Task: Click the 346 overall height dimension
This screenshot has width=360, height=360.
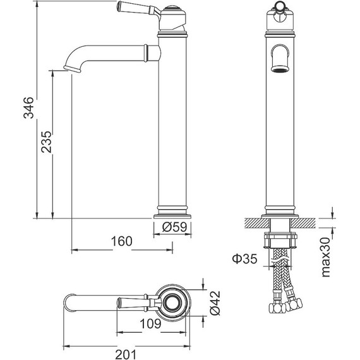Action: [28, 107]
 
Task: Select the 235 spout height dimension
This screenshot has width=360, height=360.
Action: [46, 142]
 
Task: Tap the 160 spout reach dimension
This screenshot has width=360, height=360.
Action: [122, 241]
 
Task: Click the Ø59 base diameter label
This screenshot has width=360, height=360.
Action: [174, 227]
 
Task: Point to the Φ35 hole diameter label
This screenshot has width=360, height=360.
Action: [244, 259]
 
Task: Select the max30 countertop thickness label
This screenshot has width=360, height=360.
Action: [325, 257]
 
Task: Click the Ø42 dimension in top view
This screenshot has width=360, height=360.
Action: [215, 303]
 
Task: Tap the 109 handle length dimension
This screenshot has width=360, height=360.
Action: [150, 324]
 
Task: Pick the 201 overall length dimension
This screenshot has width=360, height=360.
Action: [126, 354]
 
